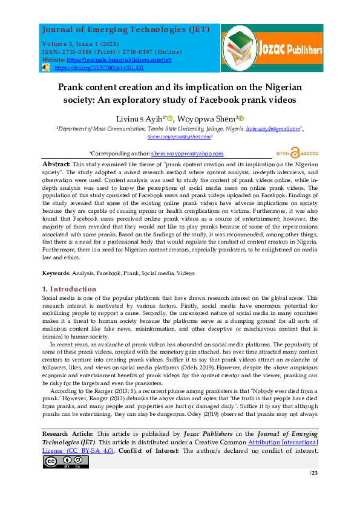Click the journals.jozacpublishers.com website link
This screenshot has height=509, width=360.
(x=119, y=60)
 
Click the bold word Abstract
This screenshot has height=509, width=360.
(x=56, y=164)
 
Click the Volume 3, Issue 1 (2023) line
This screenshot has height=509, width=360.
(x=80, y=45)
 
